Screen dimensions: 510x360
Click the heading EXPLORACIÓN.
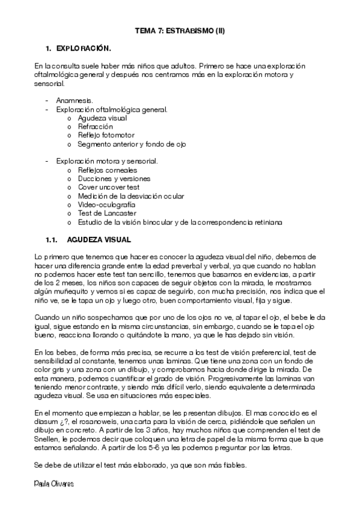click(83, 48)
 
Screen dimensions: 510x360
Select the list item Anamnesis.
click(74, 100)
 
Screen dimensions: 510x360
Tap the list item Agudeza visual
click(102, 118)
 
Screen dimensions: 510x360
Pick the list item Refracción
click(95, 127)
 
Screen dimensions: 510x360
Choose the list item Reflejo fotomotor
click(106, 135)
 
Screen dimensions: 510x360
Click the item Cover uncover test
click(108, 187)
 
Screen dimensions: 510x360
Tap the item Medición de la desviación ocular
click(130, 196)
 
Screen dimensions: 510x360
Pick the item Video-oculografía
click(106, 204)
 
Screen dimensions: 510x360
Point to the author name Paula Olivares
click(55, 484)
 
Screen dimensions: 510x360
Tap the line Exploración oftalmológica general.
click(111, 109)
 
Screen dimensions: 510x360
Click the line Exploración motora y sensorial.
click(106, 161)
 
